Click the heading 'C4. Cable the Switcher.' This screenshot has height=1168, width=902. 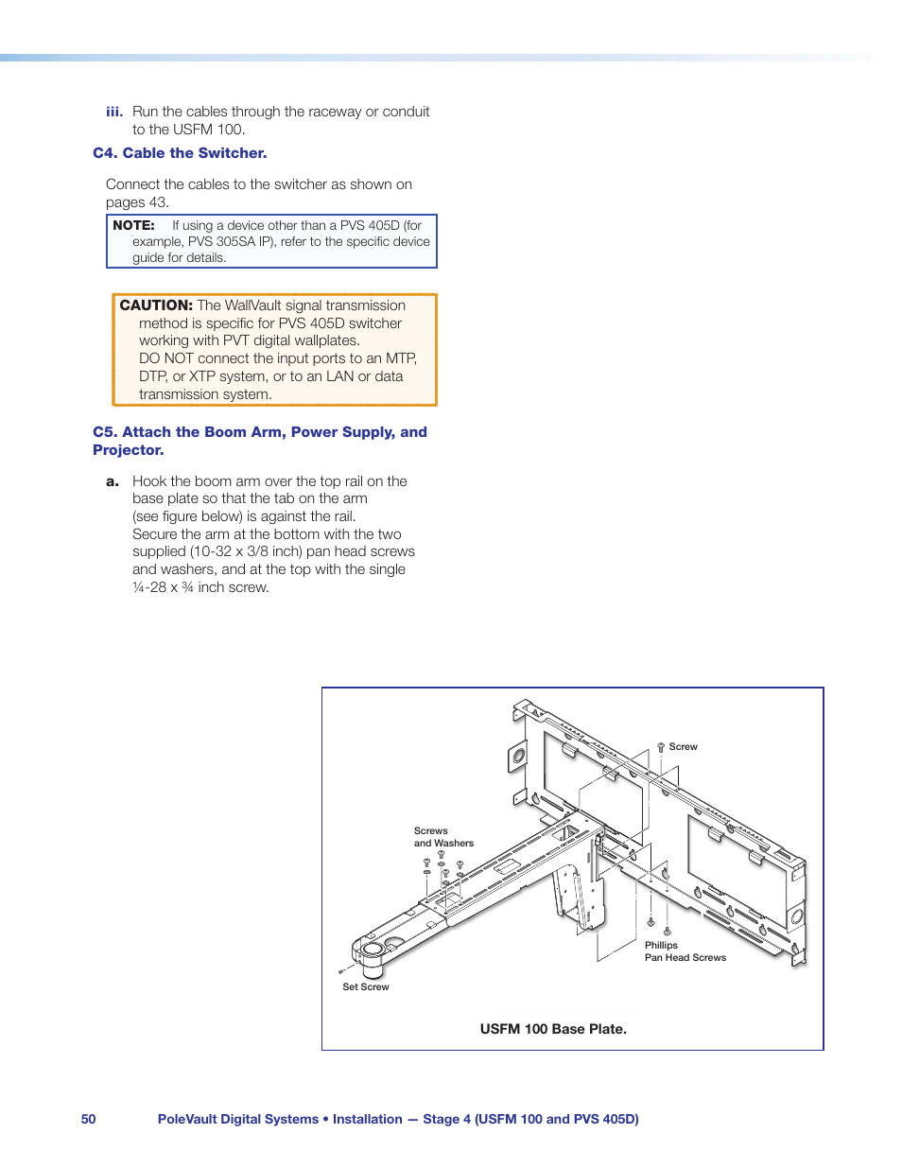[180, 153]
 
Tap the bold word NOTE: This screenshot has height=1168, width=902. [133, 225]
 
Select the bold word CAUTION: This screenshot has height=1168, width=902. [156, 305]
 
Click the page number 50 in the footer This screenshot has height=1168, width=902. [88, 1119]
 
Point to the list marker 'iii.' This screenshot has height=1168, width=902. [114, 112]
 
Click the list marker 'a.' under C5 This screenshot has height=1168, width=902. [113, 481]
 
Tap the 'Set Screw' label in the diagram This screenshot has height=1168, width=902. [365, 986]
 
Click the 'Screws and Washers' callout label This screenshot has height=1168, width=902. [443, 837]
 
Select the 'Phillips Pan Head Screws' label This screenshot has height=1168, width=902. [685, 951]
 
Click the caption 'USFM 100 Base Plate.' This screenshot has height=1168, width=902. [553, 1029]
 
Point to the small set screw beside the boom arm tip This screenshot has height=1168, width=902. [340, 971]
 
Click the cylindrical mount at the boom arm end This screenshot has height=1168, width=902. [372, 956]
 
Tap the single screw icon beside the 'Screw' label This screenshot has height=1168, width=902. [661, 748]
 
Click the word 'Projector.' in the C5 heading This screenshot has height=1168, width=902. [129, 450]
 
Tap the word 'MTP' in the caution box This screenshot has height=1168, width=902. [400, 358]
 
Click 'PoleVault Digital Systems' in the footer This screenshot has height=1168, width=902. [238, 1119]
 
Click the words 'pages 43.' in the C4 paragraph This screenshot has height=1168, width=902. [137, 202]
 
